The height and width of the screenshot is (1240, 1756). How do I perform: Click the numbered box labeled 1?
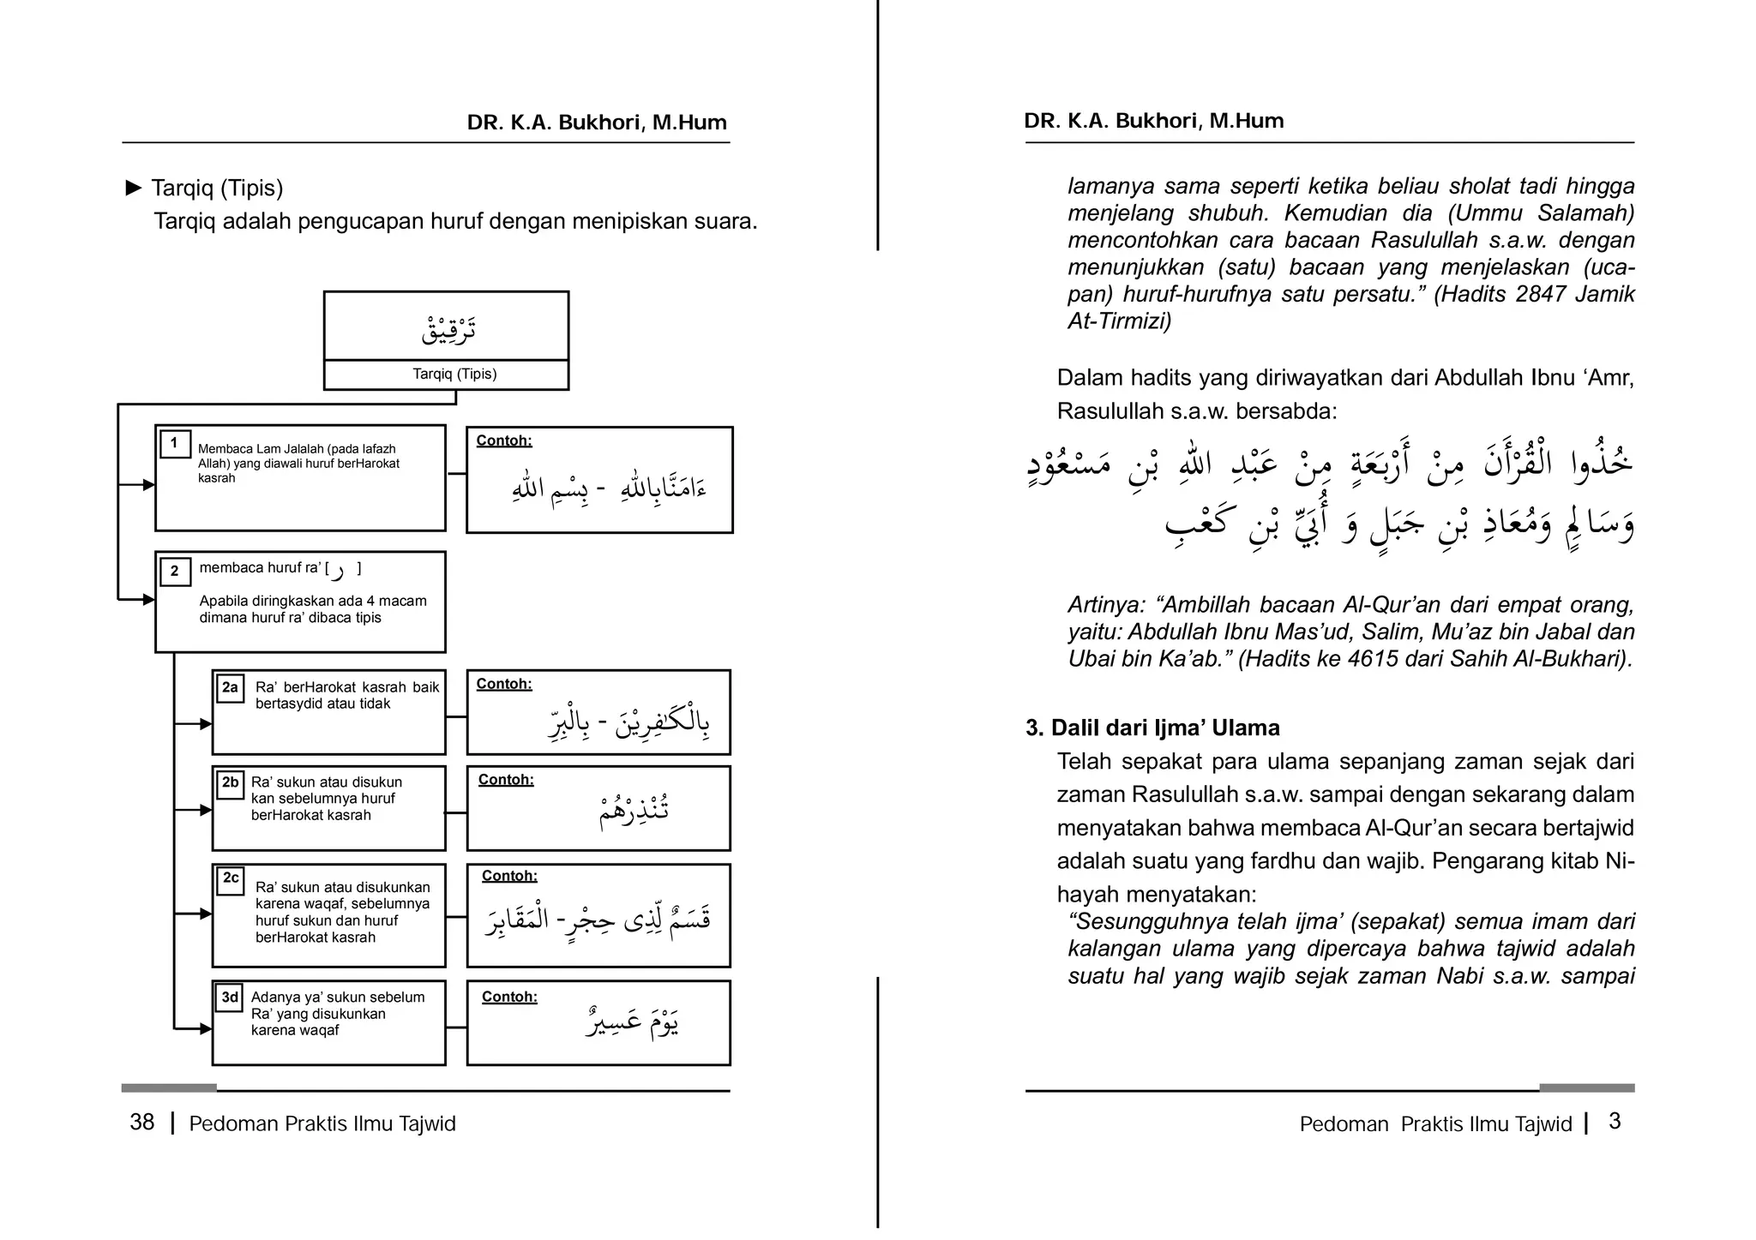click(175, 444)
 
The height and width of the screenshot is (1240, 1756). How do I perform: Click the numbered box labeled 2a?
click(230, 688)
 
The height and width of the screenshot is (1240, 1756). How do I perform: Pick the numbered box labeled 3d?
click(229, 997)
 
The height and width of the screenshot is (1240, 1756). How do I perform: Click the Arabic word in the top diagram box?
click(448, 329)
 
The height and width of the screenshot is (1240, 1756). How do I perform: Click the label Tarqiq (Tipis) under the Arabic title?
click(454, 374)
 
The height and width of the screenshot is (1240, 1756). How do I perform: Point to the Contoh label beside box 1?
click(504, 440)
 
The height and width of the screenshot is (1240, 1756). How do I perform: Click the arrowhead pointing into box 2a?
click(206, 724)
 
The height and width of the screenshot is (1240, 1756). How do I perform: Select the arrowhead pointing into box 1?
click(148, 485)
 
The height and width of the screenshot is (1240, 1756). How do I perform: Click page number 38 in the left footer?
click(142, 1123)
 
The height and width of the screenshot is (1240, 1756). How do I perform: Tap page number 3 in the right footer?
click(1615, 1122)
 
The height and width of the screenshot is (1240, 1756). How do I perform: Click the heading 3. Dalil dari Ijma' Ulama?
click(1152, 728)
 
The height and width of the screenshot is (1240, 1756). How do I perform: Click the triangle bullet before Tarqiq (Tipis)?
click(133, 188)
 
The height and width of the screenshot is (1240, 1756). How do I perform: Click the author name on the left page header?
click(597, 123)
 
